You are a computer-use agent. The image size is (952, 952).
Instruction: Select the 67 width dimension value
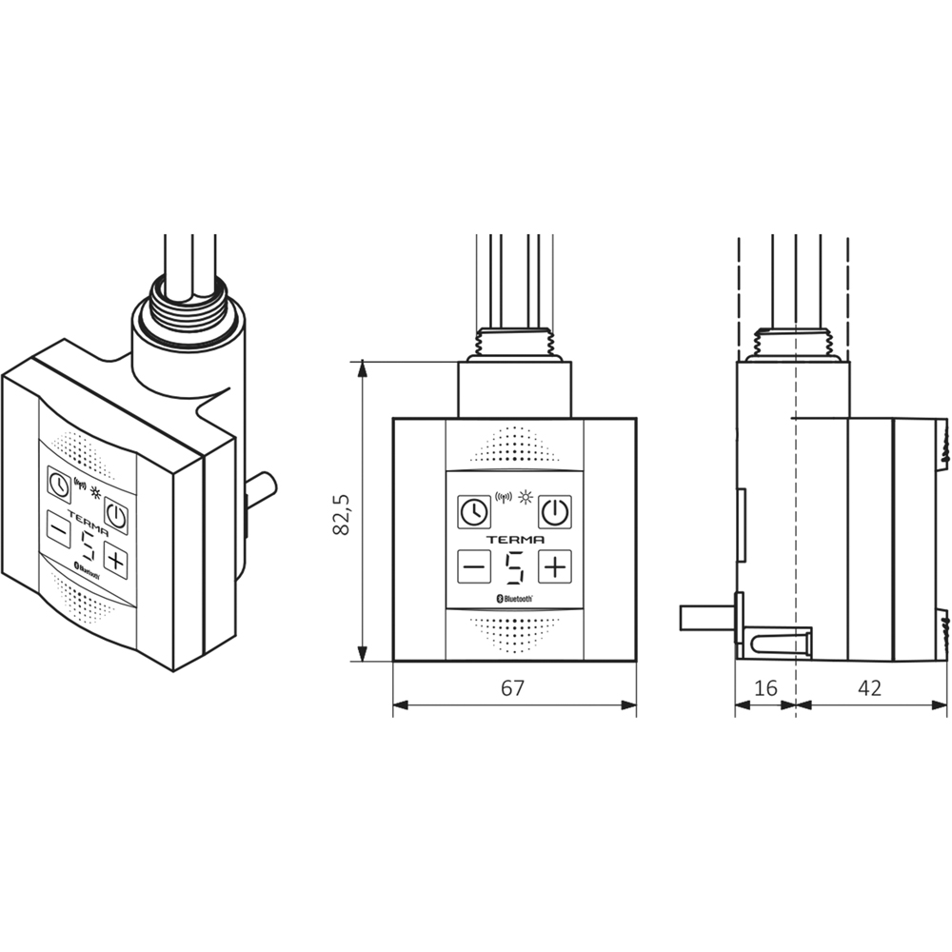click(513, 688)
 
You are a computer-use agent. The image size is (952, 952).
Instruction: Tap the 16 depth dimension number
click(764, 688)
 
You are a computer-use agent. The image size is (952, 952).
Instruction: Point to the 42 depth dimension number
click(870, 688)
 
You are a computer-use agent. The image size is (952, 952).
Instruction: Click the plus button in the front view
click(555, 567)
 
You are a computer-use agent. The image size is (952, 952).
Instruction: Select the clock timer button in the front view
click(472, 511)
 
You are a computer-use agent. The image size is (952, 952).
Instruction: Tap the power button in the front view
click(555, 511)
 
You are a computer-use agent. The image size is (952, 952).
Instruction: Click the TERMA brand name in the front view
click(514, 539)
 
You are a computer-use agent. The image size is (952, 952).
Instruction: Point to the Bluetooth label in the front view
click(515, 598)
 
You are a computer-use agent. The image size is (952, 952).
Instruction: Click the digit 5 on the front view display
click(514, 567)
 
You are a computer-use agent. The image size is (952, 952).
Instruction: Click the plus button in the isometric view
click(116, 560)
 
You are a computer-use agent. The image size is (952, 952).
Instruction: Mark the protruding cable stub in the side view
click(704, 617)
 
